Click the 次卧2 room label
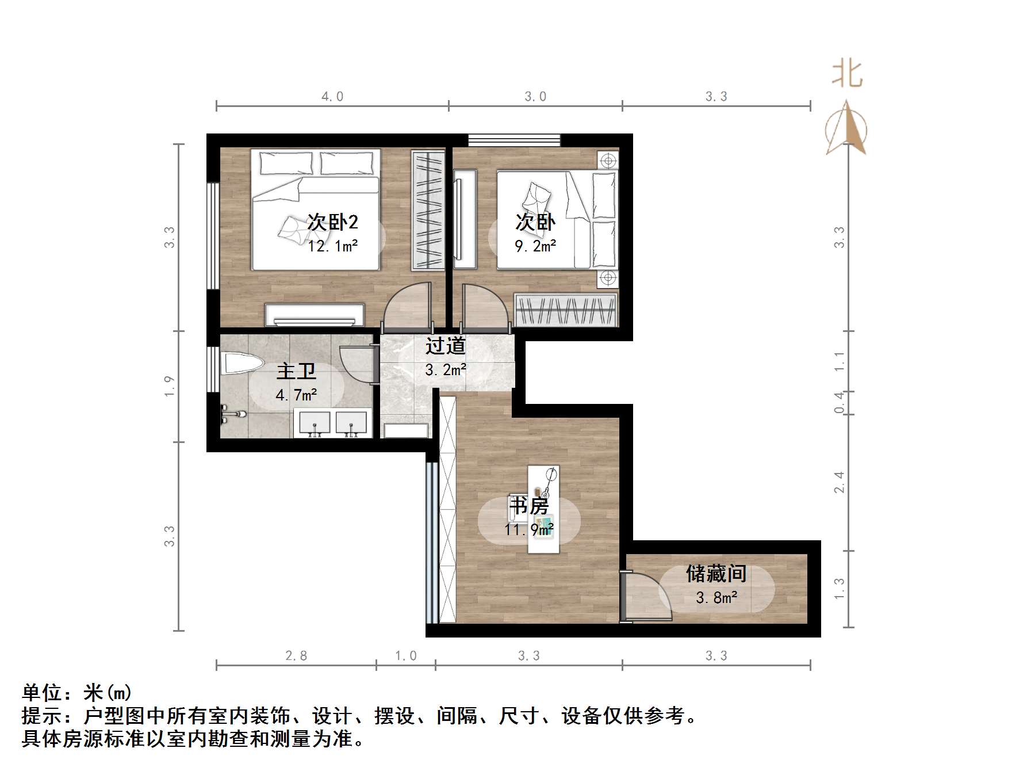click(333, 222)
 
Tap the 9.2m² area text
click(535, 246)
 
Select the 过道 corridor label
click(446, 346)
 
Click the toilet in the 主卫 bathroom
click(241, 364)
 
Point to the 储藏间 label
click(716, 574)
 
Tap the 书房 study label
click(530, 506)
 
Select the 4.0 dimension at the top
click(332, 97)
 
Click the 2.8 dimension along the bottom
click(296, 655)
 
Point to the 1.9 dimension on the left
click(168, 386)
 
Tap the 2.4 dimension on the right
click(840, 482)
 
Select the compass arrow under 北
click(846, 129)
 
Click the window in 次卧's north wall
click(514, 140)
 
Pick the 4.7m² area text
click(296, 395)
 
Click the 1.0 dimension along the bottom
click(406, 655)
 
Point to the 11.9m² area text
click(530, 529)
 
